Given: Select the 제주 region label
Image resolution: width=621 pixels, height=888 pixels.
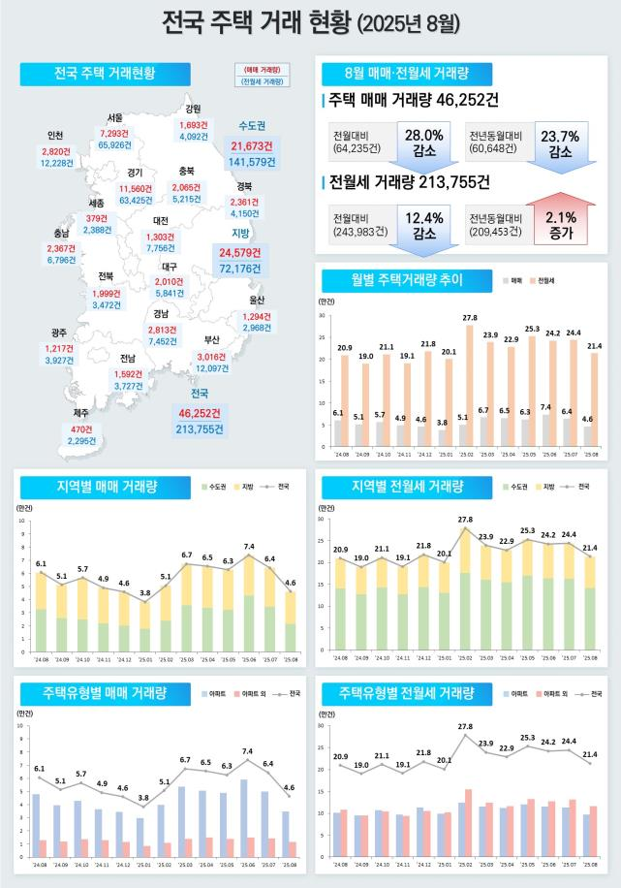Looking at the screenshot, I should pos(54,413).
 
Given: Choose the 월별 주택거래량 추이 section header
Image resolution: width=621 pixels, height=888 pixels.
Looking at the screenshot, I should pos(406,280).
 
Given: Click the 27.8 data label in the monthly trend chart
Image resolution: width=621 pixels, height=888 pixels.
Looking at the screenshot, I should pos(470,317).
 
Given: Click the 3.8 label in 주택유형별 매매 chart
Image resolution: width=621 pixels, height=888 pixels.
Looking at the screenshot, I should pos(142,799).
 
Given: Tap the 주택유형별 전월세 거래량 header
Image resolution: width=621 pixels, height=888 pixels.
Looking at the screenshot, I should pos(406,693).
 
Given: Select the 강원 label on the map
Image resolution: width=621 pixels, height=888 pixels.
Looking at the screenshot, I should pos(193,109).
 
